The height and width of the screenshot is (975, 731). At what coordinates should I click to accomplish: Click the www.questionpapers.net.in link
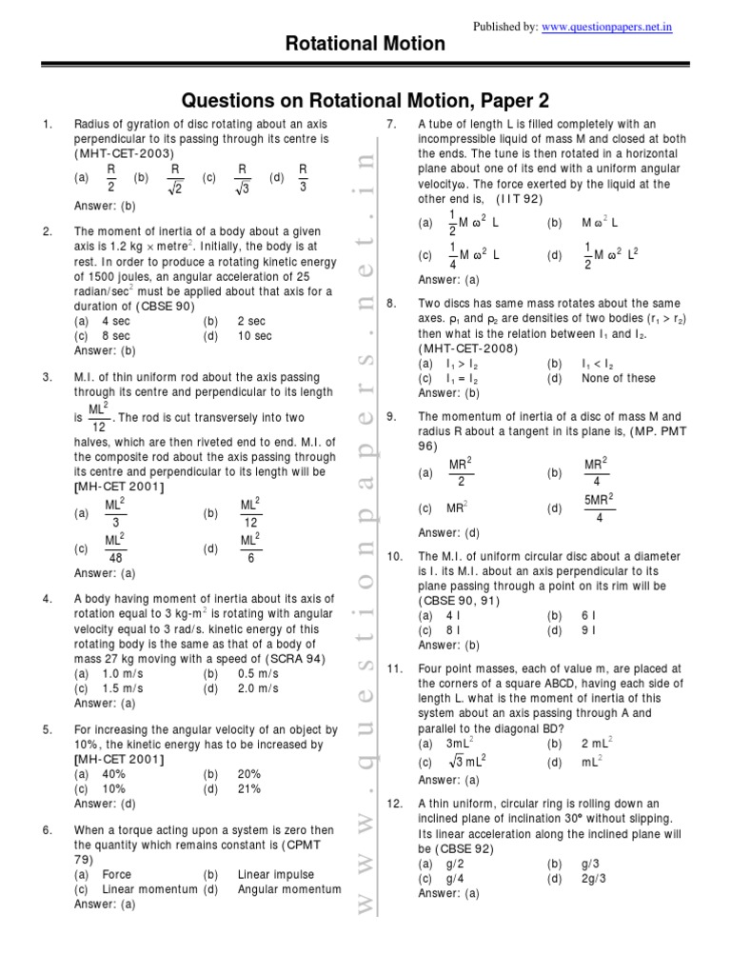[x=607, y=28]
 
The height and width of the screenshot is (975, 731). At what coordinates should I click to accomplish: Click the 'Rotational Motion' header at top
[x=365, y=44]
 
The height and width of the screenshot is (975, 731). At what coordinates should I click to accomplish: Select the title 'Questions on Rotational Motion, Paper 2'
[x=365, y=101]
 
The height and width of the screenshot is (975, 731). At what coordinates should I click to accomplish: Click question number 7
[x=390, y=125]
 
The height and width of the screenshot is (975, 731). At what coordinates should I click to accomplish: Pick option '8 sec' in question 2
[x=115, y=336]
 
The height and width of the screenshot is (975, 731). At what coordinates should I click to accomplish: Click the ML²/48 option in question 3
[x=115, y=548]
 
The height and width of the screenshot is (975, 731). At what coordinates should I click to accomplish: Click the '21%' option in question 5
[x=248, y=788]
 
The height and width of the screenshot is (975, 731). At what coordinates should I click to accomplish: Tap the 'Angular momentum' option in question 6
[x=288, y=889]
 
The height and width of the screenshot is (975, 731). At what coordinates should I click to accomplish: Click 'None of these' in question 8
[x=618, y=378]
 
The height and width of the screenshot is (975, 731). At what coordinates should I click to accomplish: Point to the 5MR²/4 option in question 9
[x=599, y=508]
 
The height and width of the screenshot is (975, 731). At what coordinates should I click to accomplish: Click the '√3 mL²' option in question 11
[x=466, y=763]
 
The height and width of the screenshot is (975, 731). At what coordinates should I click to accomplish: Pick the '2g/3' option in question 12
[x=593, y=879]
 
